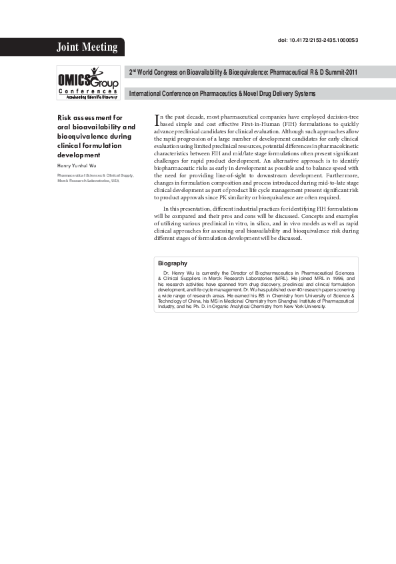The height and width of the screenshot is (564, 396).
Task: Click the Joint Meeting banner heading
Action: pos(87,47)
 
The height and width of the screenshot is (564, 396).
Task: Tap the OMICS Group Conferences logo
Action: pos(87,81)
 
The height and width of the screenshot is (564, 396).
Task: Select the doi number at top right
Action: pos(317,41)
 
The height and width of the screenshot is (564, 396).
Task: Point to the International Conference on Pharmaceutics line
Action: pos(221,93)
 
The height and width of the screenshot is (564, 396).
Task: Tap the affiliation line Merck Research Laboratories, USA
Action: pos(88,181)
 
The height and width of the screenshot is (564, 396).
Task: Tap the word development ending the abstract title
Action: pos(78,155)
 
